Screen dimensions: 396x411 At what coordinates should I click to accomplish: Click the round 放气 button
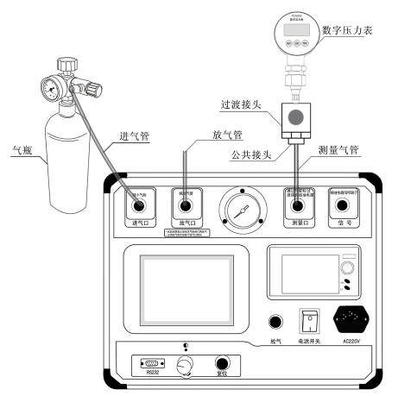tap(275, 322)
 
